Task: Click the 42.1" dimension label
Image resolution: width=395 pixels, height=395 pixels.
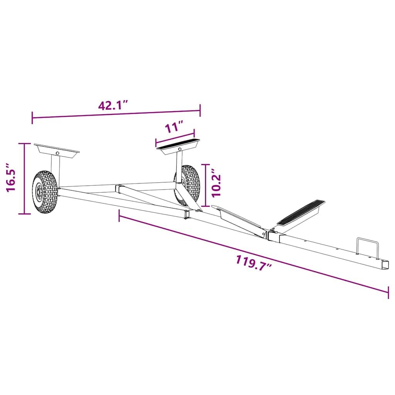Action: pyautogui.click(x=113, y=105)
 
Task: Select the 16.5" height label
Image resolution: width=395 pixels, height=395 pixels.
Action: pyautogui.click(x=11, y=177)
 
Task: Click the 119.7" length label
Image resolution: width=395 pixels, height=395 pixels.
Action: pyautogui.click(x=254, y=263)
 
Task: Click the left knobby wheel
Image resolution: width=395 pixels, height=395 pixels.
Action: pyautogui.click(x=45, y=192)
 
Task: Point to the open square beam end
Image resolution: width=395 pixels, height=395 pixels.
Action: pyautogui.click(x=385, y=265)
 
